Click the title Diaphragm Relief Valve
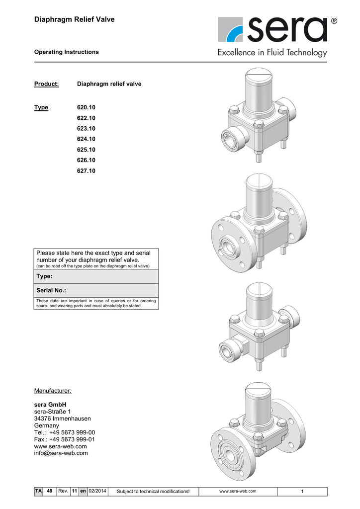point(74,19)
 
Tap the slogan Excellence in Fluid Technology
point(272,53)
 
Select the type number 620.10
point(86,108)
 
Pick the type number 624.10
point(86,139)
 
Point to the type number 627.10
point(86,170)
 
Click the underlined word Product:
point(46,84)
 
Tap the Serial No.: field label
point(51,290)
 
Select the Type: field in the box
point(45,276)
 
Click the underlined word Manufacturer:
point(53,391)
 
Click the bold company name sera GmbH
point(50,405)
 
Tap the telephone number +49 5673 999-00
point(73,432)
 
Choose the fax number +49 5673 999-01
point(73,439)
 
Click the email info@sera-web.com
point(61,453)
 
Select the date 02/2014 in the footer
point(97,491)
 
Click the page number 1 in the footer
point(302,492)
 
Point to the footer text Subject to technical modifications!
point(153,492)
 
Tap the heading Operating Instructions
point(66,52)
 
